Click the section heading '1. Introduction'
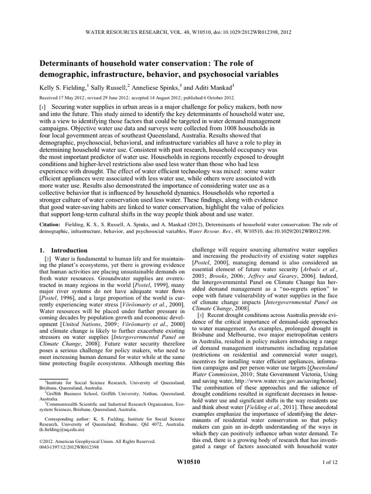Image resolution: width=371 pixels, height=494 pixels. (x=63, y=250)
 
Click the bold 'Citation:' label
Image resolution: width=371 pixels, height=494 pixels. (x=51, y=225)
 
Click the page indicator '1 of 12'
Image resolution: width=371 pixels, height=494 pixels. (x=324, y=462)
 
